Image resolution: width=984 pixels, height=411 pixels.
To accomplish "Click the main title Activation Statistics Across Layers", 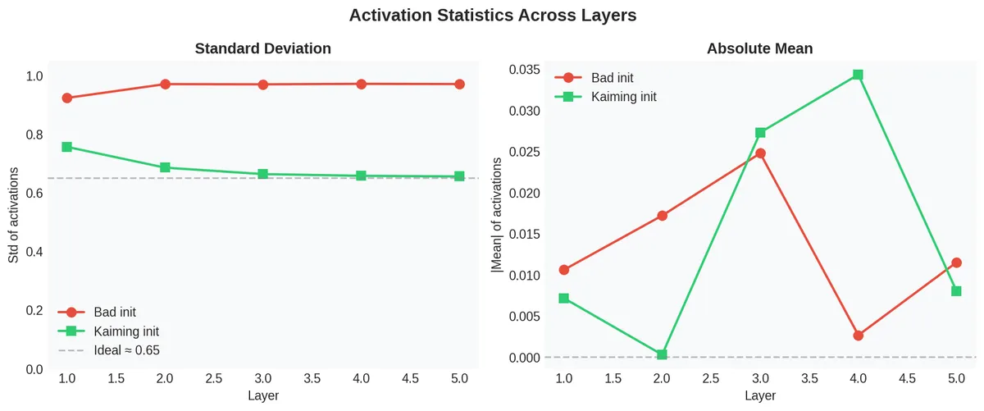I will point(492,15).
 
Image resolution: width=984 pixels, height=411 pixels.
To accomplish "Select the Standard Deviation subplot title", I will point(262,48).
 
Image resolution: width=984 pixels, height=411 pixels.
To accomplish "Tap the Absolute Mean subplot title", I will point(759,48).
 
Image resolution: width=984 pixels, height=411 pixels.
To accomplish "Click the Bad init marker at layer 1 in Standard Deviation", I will point(66,98).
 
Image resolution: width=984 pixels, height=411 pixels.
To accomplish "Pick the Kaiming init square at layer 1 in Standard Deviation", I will point(66,147).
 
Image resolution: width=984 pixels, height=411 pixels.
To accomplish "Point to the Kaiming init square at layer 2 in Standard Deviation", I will point(165,167).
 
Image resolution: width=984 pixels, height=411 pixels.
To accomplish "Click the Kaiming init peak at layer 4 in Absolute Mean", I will point(858,75).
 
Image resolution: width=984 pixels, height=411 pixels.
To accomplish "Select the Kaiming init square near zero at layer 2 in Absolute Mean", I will point(662,354).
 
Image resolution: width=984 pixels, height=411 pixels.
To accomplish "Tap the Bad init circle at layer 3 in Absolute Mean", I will point(760,153).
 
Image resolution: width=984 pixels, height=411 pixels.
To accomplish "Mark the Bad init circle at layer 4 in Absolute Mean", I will point(858,336).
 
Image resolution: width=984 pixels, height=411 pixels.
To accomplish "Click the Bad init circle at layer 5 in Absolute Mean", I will point(956,263).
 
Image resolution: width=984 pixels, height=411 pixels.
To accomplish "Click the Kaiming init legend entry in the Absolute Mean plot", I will point(623,97).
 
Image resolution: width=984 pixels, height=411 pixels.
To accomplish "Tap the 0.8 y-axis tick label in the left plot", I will point(34,135).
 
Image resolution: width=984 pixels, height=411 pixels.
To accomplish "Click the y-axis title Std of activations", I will point(14,215).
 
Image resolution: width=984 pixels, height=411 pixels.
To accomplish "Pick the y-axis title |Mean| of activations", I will point(496,215).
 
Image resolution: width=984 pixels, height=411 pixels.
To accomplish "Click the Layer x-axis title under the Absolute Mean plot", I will point(759,395).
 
